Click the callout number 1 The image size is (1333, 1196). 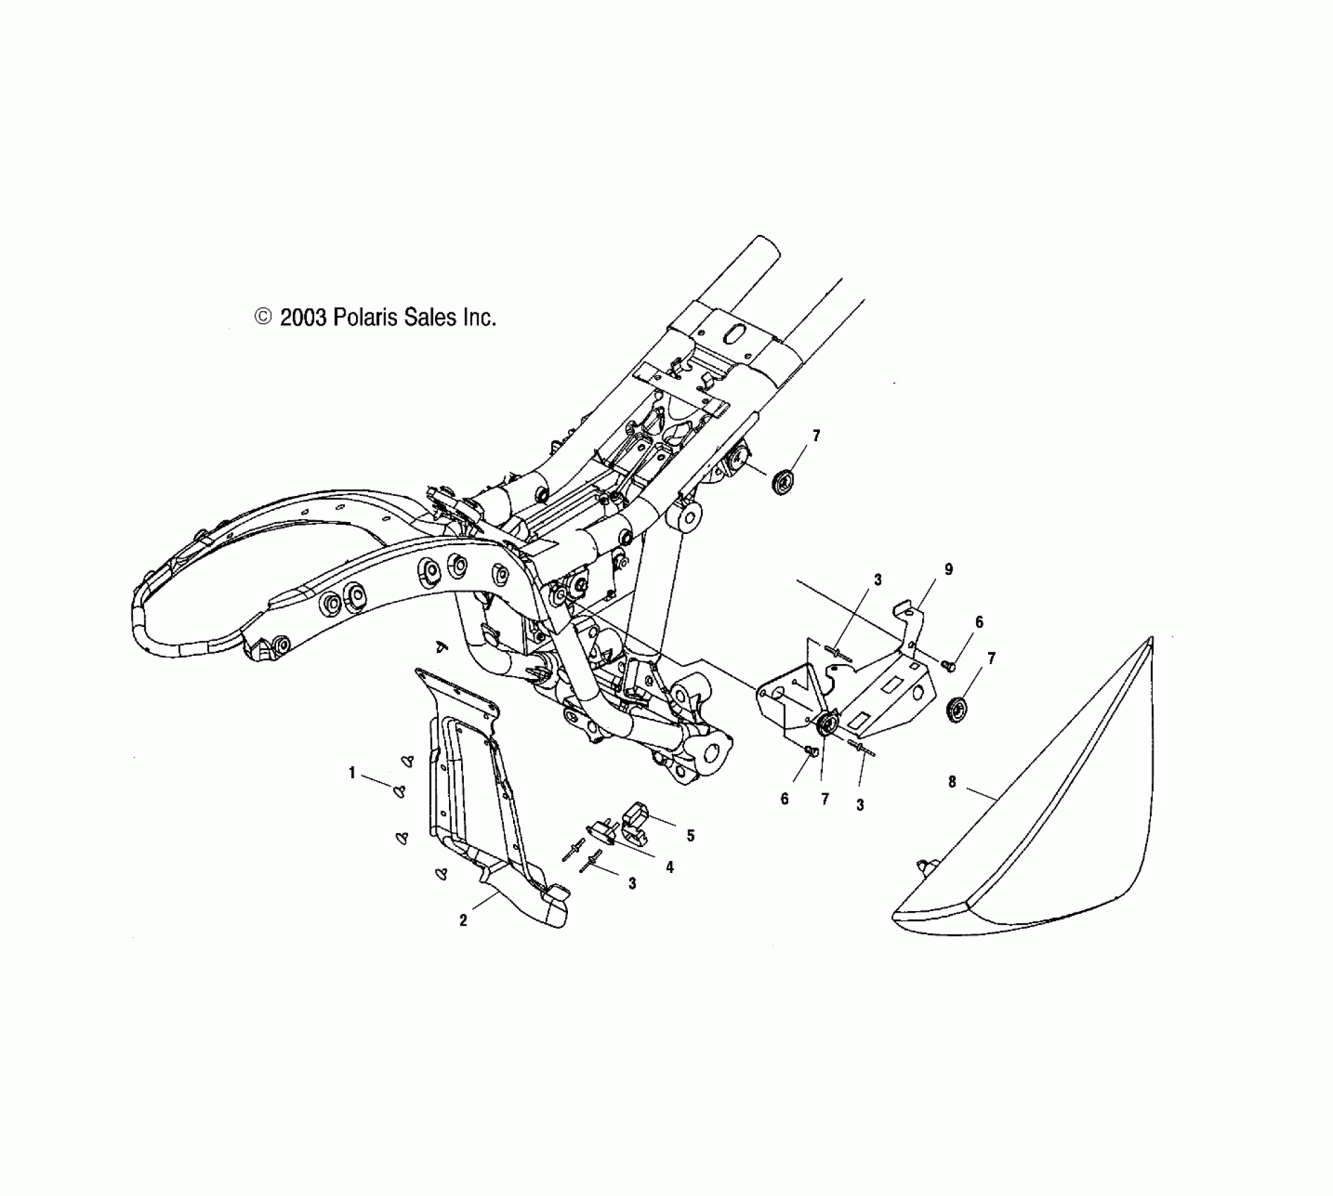pyautogui.click(x=352, y=772)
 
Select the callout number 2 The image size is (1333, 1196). pyautogui.click(x=463, y=920)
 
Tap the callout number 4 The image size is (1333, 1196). pyautogui.click(x=669, y=867)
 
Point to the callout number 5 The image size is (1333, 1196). pyautogui.click(x=690, y=836)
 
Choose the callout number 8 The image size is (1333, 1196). pyautogui.click(x=952, y=782)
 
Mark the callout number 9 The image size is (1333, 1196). pyautogui.click(x=949, y=570)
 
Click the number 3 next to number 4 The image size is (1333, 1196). pyautogui.click(x=632, y=884)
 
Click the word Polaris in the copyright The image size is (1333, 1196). pyautogui.click(x=365, y=318)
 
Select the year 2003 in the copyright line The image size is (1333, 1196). pyautogui.click(x=303, y=318)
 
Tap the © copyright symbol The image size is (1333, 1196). pyautogui.click(x=263, y=317)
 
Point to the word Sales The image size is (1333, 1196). pyautogui.click(x=429, y=318)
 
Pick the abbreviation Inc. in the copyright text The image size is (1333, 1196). pyautogui.click(x=479, y=318)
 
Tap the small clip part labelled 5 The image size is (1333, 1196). pyautogui.click(x=638, y=822)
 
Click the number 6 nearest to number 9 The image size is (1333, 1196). pyautogui.click(x=979, y=622)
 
